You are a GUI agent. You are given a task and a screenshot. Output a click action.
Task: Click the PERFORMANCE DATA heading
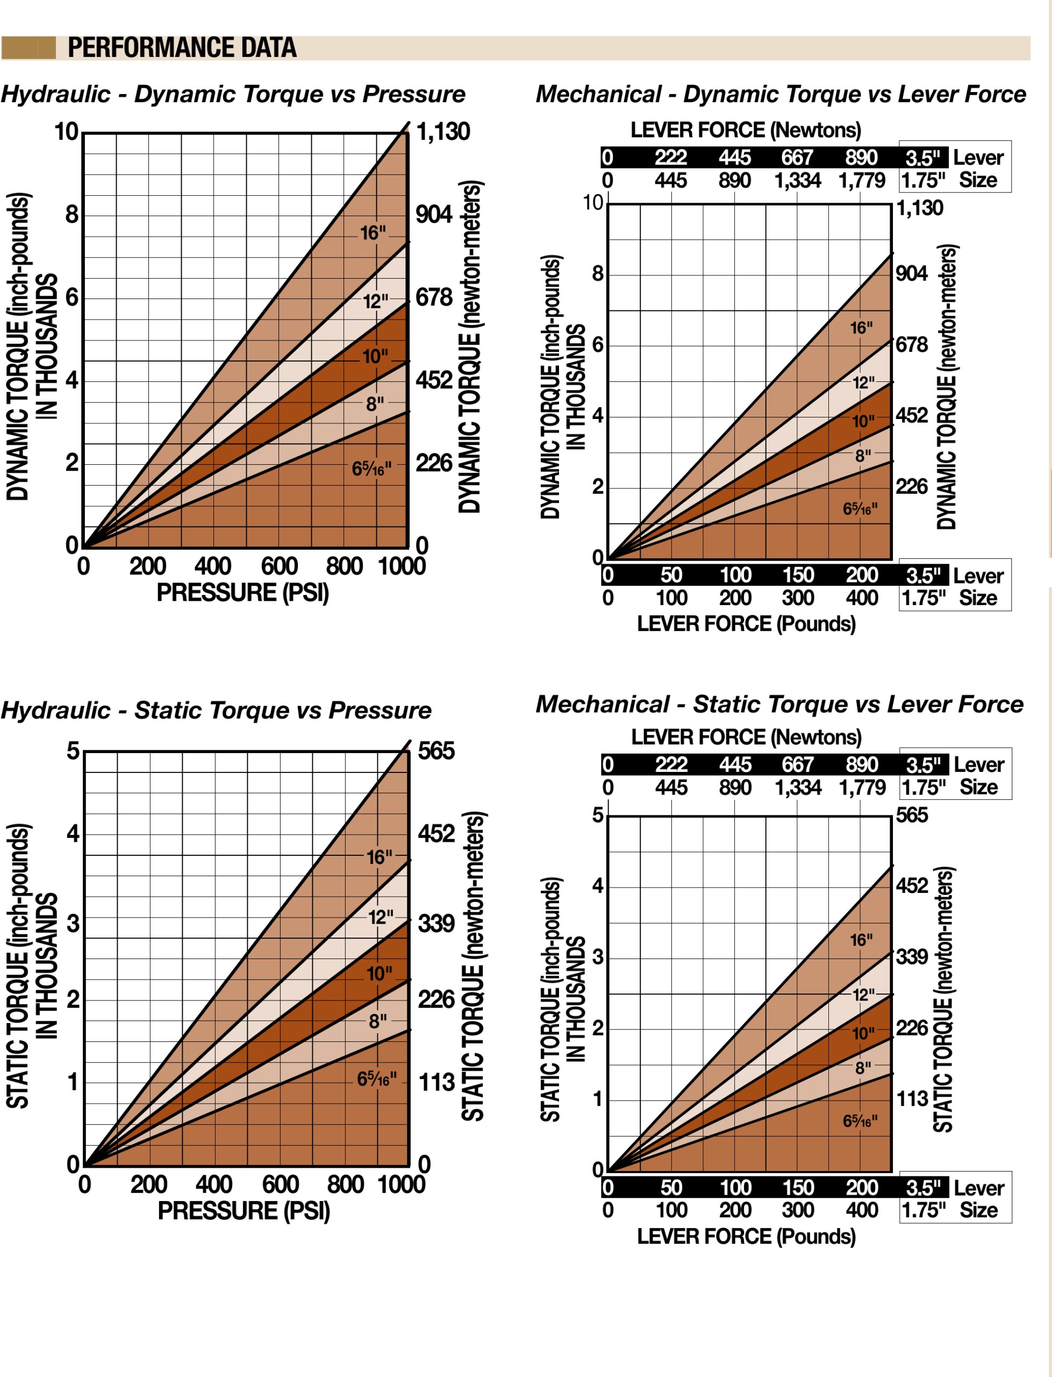pos(182,48)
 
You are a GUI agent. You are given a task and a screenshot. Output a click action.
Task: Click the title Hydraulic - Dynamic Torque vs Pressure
pos(233,94)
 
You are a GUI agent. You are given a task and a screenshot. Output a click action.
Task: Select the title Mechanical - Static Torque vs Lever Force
pos(779,704)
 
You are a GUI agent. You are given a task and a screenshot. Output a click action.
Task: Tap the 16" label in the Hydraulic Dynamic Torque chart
pos(373,233)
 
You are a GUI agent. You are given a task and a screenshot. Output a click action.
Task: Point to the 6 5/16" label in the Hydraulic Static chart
pos(376,1079)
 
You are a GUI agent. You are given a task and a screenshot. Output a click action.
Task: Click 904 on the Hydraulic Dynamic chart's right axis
pos(433,214)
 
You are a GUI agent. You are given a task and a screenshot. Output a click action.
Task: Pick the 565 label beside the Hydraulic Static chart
pos(436,750)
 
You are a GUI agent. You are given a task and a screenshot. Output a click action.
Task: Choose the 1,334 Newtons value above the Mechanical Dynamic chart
pos(797,180)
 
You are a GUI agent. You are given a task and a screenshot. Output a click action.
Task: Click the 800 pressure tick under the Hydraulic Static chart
pos(345,1184)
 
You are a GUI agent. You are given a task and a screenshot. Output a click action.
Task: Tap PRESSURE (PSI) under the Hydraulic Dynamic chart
pos(242,593)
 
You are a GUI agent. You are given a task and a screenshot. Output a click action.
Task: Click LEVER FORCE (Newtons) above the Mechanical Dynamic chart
pos(745,130)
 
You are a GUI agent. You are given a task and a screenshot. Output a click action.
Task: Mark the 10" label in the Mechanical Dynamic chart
pos(863,421)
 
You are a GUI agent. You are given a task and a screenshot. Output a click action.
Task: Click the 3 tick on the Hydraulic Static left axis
pos(73,924)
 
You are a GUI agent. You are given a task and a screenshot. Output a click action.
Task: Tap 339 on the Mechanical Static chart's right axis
pos(912,956)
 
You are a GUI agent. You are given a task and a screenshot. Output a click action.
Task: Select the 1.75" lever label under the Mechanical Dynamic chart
pos(923,598)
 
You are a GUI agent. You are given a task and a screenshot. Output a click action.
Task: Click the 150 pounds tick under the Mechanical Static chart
pos(798,1187)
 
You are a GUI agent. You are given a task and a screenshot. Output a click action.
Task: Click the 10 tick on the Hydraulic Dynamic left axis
pos(66,132)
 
